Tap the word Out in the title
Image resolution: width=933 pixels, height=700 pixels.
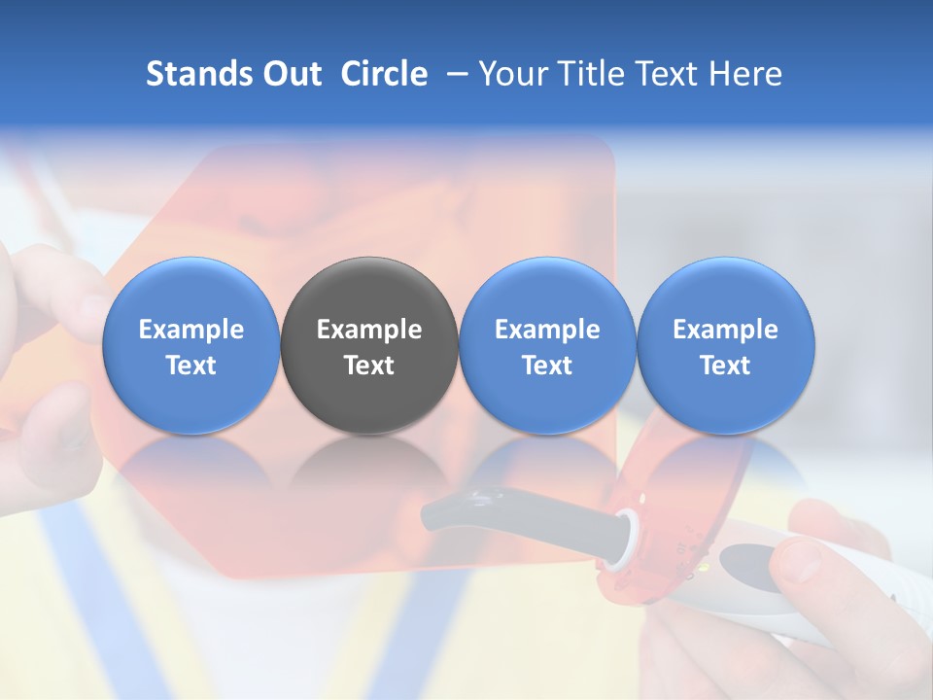coord(291,74)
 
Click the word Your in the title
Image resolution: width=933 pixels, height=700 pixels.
coord(512,74)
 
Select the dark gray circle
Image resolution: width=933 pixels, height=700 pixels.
coord(369,345)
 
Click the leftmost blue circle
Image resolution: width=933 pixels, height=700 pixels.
coord(190,345)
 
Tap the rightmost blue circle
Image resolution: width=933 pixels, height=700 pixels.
coord(725,345)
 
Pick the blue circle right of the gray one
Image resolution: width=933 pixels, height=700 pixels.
coord(547,345)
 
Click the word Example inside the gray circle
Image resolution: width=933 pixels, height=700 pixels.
coord(369,330)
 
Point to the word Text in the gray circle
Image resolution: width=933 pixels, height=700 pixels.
coord(369,366)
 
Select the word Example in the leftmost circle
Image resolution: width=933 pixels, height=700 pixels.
coord(190,330)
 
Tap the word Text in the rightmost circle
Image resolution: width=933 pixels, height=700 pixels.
coord(725,366)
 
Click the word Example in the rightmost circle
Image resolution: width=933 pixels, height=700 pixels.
coord(725,330)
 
